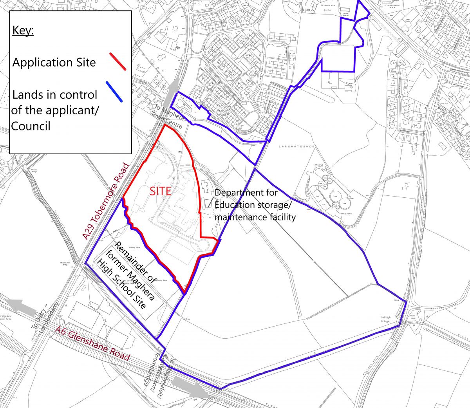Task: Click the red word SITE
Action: (x=161, y=191)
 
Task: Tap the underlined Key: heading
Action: (x=23, y=30)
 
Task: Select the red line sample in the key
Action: (x=118, y=61)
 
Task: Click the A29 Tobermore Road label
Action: (x=106, y=201)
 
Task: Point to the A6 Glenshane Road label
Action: (x=92, y=343)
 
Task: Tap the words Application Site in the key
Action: (x=54, y=62)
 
